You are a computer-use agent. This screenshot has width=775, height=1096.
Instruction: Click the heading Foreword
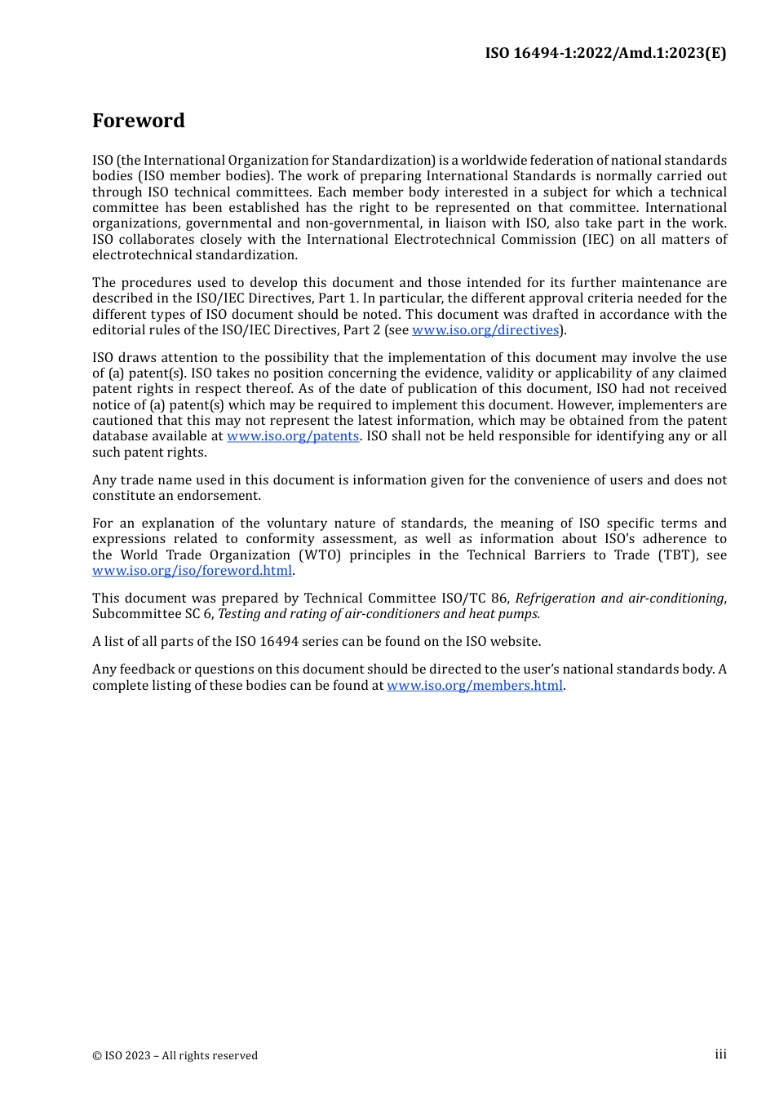coord(139,121)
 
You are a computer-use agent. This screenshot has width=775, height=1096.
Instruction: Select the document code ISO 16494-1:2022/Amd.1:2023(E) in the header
coord(605,53)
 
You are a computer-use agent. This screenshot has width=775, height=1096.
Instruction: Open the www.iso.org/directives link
coord(485,330)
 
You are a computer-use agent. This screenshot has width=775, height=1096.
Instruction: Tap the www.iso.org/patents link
coord(293,436)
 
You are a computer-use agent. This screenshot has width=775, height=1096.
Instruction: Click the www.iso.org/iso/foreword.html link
coord(192,571)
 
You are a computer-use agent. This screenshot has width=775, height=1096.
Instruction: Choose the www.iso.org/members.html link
coord(475,686)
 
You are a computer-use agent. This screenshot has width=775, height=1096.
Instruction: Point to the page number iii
coord(720,1054)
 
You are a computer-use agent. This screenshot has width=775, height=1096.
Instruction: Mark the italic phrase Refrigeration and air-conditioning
coord(619,599)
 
